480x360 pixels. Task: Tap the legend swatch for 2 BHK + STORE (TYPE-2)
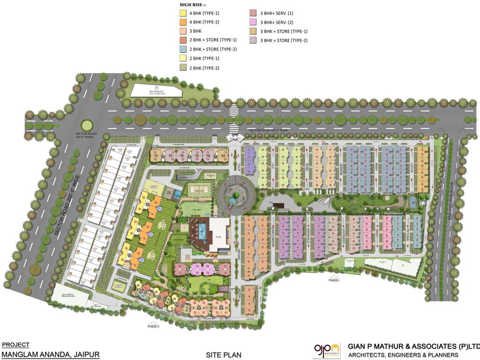point(183,49)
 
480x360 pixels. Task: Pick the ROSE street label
point(307,167)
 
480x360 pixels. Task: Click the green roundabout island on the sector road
point(87,125)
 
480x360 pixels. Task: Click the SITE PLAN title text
point(223,355)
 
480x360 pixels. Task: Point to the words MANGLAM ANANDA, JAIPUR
point(51,354)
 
